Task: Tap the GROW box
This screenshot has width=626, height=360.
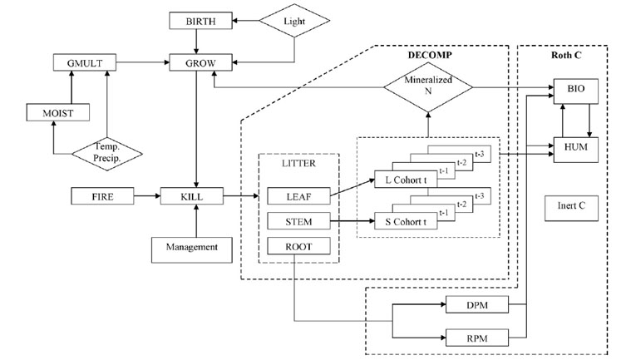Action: pos(194,62)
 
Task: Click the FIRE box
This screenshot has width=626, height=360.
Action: pos(101,197)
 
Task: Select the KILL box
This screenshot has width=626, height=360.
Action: pos(194,197)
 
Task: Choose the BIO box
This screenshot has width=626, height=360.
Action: pos(575,86)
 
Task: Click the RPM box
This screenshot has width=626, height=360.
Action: pos(476,338)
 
